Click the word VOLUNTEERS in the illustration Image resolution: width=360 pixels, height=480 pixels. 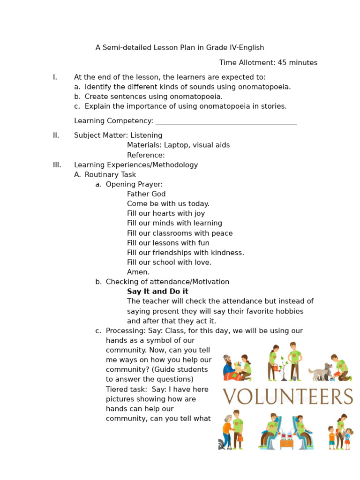point(287,397)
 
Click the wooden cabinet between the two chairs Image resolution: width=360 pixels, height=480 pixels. point(286,442)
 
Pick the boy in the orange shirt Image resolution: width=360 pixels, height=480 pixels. point(332,438)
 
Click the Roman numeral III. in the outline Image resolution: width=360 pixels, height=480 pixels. point(57,165)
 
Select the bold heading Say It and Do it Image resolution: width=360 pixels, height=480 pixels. point(157,292)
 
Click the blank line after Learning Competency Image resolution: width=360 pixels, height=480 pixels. point(226,121)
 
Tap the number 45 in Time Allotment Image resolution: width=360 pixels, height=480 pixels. point(282,63)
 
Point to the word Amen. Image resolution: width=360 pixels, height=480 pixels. point(138,272)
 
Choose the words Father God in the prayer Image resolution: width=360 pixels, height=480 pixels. point(146,194)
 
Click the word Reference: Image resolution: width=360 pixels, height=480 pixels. point(146,155)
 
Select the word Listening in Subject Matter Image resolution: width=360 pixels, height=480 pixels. point(146,135)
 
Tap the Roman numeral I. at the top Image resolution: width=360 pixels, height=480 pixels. point(55,77)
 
